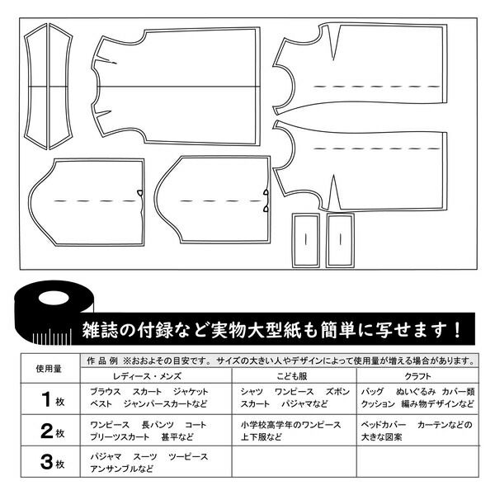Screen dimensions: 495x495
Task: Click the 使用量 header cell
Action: click(49, 369)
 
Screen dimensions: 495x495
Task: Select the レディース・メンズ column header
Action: click(147, 376)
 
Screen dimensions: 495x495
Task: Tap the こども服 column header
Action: click(292, 376)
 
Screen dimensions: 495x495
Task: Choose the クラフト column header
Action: click(417, 376)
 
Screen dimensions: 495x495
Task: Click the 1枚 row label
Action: click(53, 399)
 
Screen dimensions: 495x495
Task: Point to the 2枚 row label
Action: click(53, 431)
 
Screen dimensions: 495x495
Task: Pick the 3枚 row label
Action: click(53, 462)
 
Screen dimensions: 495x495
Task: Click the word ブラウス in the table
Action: click(106, 392)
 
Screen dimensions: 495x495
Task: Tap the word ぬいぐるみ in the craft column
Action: click(416, 392)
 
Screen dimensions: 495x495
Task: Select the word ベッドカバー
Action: click(384, 425)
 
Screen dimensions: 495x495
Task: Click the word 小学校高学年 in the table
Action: click(267, 425)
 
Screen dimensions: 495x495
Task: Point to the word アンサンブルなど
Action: click(121, 469)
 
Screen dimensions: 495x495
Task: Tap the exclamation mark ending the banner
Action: click(457, 330)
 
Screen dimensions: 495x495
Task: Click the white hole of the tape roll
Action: click(54, 298)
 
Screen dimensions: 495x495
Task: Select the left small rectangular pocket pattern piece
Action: click(305, 240)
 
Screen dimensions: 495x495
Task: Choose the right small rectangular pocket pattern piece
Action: click(340, 240)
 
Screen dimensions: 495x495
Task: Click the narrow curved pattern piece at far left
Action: click(35, 86)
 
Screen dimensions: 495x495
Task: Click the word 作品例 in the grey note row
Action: click(102, 361)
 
